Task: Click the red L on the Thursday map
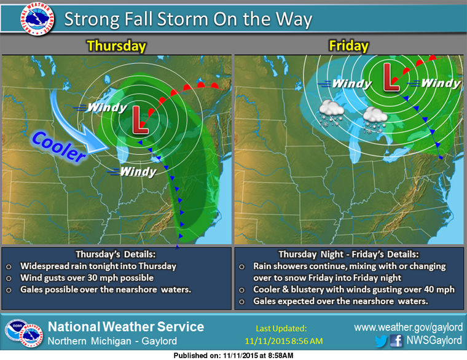tap(140, 120)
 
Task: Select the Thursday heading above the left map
tap(116, 46)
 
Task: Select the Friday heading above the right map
tap(348, 46)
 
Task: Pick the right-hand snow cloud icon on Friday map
tap(374, 118)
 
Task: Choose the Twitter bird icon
tap(382, 340)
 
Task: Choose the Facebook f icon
tap(396, 340)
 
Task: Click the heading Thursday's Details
tap(117, 254)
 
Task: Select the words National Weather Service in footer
tap(126, 326)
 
